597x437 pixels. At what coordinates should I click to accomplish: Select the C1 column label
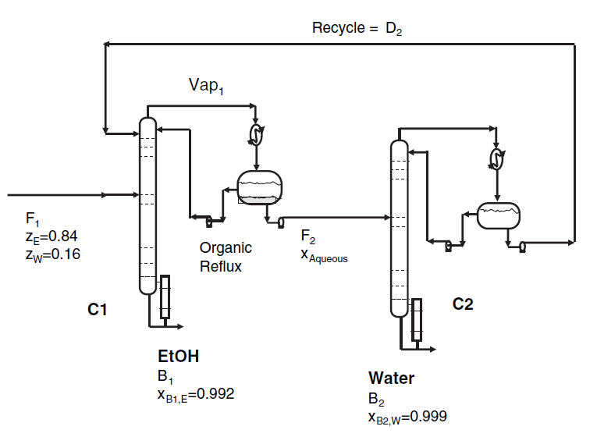click(97, 311)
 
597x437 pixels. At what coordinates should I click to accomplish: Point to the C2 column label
click(463, 304)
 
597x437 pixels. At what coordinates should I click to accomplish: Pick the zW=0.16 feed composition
click(52, 254)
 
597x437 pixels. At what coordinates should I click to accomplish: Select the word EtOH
click(178, 357)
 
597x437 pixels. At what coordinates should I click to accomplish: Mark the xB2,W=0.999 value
click(407, 417)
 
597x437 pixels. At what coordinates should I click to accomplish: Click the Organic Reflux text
click(226, 257)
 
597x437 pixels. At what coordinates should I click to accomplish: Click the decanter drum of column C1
click(259, 187)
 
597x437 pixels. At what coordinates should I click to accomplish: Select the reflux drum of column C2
click(499, 215)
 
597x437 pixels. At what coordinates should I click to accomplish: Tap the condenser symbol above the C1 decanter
click(255, 135)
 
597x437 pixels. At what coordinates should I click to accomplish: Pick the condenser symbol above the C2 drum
click(496, 159)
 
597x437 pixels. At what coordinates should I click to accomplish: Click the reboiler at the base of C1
click(165, 297)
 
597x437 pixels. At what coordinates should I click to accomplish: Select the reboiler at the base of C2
click(417, 319)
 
